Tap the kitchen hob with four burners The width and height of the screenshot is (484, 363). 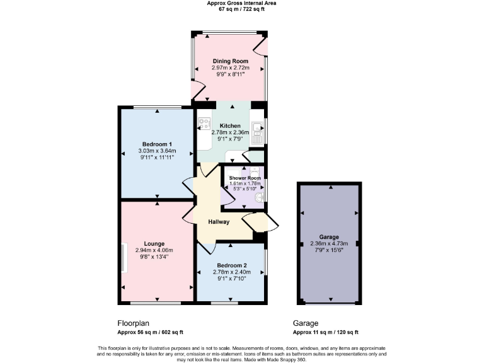point(204,123)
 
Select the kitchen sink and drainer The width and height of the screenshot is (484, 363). point(257,133)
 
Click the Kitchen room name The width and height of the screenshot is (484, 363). point(230,126)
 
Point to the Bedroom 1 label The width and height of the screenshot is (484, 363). point(157,144)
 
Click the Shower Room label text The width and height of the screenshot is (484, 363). point(245,178)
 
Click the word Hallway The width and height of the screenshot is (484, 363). point(219,222)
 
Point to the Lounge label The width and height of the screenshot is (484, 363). point(154,244)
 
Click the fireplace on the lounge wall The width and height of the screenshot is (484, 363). point(124,258)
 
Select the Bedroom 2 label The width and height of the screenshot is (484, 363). point(231,265)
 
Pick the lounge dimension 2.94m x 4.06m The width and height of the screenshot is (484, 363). point(154,251)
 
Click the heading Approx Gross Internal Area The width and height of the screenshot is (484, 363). point(241,3)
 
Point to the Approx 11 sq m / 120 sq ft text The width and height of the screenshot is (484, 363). point(326,332)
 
